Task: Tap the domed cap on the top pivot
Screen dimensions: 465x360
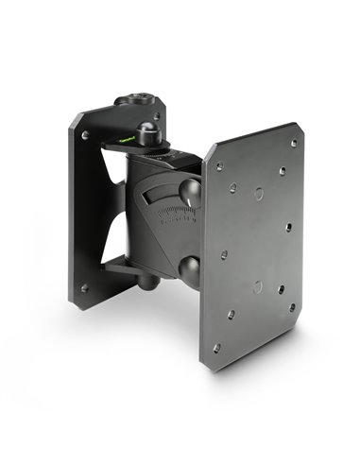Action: (x=149, y=131)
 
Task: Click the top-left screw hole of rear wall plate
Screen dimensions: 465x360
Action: (x=84, y=136)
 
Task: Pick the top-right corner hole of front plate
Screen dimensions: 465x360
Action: (x=293, y=143)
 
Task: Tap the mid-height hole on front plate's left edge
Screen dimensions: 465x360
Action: (x=223, y=255)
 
